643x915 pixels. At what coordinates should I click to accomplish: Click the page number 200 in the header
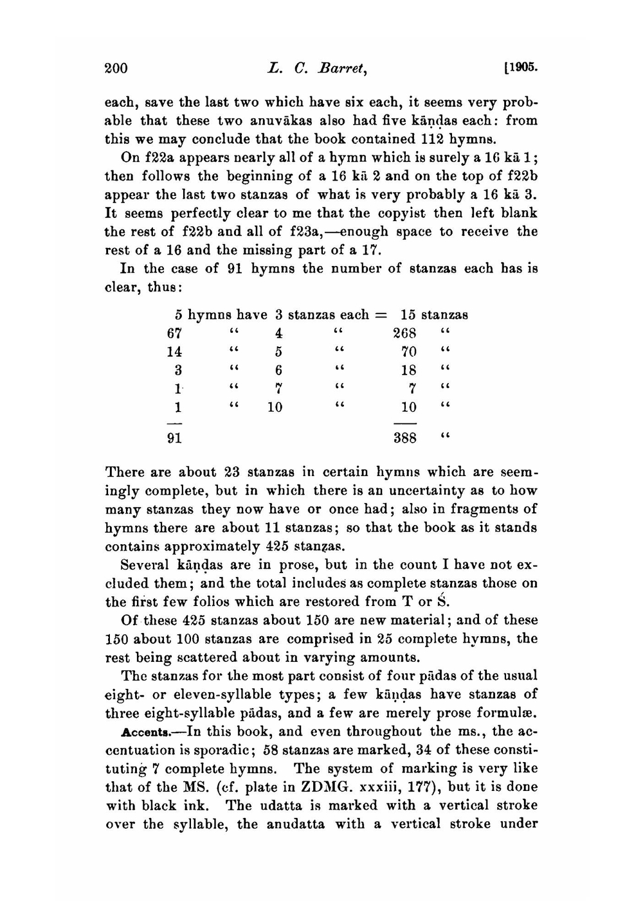pyautogui.click(x=116, y=69)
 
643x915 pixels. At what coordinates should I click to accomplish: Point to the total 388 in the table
pyautogui.click(x=405, y=438)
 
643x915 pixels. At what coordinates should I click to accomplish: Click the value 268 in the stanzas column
pyautogui.click(x=405, y=333)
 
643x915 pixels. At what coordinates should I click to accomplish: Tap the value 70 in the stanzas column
pyautogui.click(x=409, y=352)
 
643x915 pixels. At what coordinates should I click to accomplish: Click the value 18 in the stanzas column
pyautogui.click(x=409, y=370)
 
